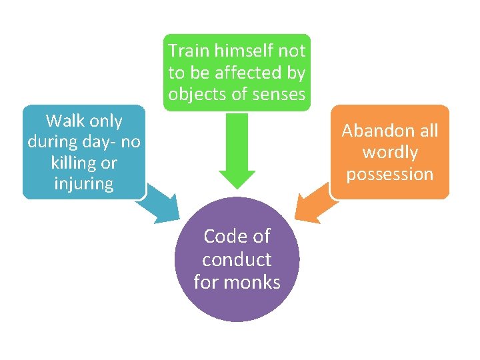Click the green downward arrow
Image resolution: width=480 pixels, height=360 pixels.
tap(237, 153)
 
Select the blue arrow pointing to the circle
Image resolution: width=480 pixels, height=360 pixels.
tap(159, 206)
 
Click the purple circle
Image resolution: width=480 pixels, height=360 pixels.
tap(237, 293)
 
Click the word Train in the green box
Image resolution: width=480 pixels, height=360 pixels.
tap(188, 51)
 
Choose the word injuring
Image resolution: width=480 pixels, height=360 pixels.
tap(84, 184)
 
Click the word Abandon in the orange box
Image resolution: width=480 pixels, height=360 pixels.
tap(371, 131)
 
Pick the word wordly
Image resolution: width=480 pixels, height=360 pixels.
tap(390, 153)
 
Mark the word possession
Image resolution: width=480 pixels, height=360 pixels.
tap(390, 175)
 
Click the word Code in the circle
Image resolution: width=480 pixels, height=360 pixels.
tap(225, 237)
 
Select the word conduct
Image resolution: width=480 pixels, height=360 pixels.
tap(237, 259)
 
